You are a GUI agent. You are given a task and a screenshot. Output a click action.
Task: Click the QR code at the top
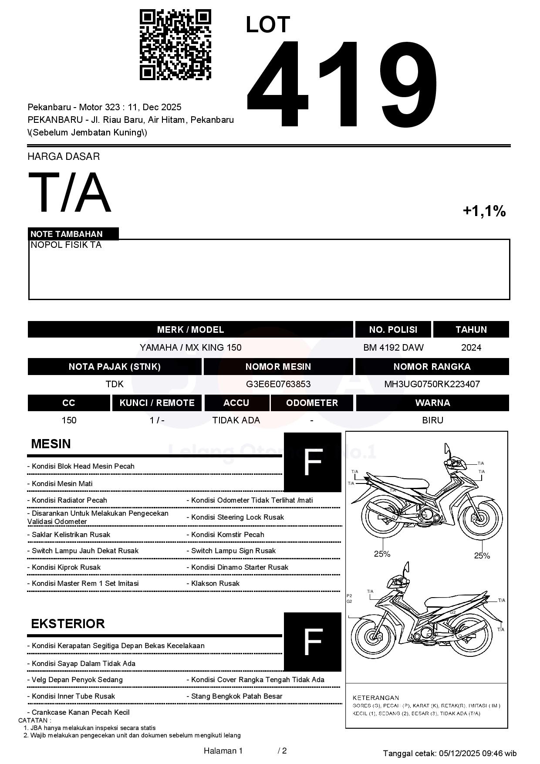point(175,45)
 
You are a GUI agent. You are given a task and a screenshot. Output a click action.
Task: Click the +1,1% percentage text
point(484,211)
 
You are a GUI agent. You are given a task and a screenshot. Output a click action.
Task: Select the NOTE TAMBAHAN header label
point(67,234)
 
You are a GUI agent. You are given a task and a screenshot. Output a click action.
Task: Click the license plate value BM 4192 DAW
point(393,348)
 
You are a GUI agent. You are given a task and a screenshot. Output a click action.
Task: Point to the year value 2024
point(471,348)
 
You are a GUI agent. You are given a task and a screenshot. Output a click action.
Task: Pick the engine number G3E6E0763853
point(278,384)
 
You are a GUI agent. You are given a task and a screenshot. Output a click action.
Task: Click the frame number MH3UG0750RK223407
point(432,384)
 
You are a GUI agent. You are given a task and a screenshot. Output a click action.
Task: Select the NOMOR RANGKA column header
point(432,367)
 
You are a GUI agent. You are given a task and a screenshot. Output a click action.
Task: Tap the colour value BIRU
point(432,420)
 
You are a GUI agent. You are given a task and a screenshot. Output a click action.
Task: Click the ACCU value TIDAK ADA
point(236,420)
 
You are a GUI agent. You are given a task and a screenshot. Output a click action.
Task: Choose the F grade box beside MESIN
point(312,462)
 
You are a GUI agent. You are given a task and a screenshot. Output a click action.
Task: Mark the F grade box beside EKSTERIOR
point(312,642)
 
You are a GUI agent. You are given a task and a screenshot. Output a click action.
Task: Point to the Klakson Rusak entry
point(215,583)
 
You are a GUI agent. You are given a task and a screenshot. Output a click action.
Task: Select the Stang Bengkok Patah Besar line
point(236,696)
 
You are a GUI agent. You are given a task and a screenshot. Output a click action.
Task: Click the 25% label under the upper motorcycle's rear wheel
point(382,554)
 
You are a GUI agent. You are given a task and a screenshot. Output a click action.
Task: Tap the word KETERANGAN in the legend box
point(375,697)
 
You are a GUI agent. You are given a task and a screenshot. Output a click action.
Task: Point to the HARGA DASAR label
point(64,156)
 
